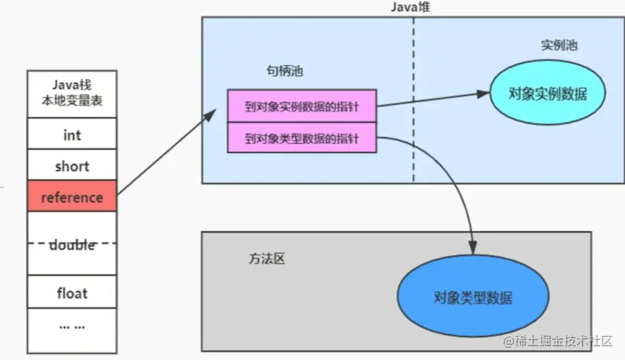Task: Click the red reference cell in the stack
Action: coord(72,197)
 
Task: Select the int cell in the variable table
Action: coord(72,134)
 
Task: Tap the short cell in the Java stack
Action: coord(72,166)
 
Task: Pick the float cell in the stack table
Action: coord(72,293)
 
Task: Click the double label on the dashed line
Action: coord(72,245)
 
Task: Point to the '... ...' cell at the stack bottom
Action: coord(72,326)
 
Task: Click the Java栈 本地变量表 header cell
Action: coord(72,93)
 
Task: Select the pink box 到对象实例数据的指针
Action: coord(302,106)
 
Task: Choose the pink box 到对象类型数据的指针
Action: coord(302,138)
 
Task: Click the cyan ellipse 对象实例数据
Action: coord(548,94)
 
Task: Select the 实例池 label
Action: coord(559,46)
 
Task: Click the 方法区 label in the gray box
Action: coord(266,259)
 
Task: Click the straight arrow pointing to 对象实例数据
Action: coord(432,99)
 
